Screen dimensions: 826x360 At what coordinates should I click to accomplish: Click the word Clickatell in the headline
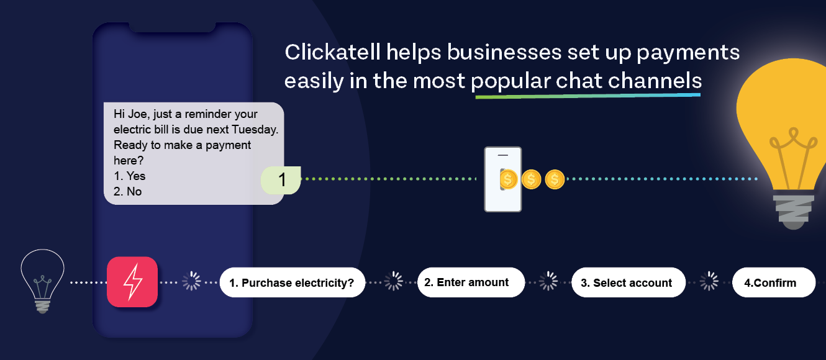pos(333,52)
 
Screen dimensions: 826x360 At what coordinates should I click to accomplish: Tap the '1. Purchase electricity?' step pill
pos(293,282)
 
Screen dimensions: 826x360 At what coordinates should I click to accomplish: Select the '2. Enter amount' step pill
pos(471,282)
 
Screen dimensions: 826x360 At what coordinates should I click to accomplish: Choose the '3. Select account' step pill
pos(629,282)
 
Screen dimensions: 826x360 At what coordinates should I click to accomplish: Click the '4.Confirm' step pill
pos(774,282)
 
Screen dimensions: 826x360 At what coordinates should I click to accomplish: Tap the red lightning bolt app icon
pos(132,282)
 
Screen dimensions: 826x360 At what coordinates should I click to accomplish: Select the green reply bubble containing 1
pos(281,180)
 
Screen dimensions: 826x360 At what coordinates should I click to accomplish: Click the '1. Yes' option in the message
pos(129,176)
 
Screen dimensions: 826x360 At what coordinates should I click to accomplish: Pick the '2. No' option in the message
pos(127,192)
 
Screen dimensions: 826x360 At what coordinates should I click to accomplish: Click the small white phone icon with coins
pos(503,179)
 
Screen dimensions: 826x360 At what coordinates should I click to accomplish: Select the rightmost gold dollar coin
pos(555,179)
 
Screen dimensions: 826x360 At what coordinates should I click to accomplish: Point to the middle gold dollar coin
pos(532,179)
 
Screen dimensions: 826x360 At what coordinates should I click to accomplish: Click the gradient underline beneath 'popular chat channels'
pos(588,96)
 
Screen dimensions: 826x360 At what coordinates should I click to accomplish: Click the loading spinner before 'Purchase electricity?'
pos(192,282)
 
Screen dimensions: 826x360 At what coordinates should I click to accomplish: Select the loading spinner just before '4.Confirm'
pos(709,282)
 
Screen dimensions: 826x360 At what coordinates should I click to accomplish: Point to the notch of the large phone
pos(172,27)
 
